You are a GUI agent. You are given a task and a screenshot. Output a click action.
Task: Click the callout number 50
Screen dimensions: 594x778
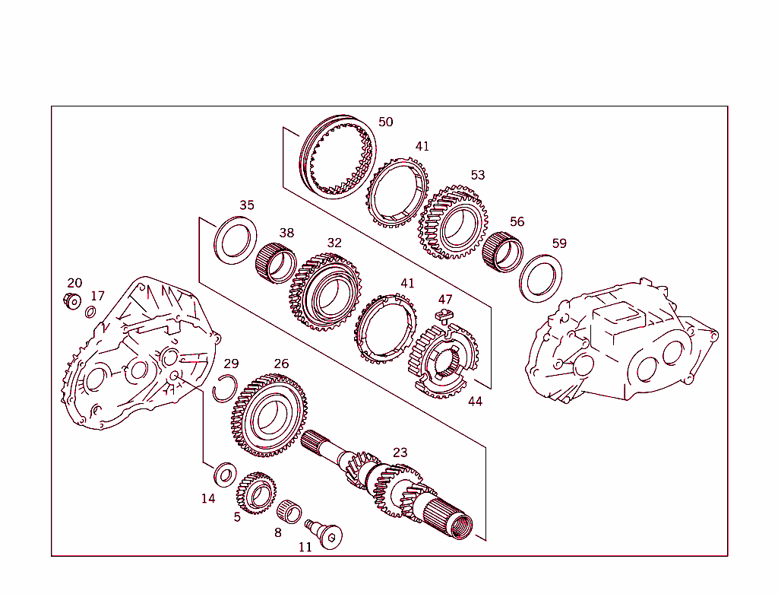tap(386, 122)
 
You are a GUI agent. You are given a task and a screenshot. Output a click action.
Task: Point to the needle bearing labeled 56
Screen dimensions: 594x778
tap(503, 250)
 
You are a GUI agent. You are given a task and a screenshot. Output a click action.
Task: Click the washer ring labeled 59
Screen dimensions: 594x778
tap(540, 278)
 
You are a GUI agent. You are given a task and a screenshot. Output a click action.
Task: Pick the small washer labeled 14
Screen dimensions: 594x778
tap(225, 475)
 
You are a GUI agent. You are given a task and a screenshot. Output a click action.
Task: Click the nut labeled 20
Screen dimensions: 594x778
tap(72, 301)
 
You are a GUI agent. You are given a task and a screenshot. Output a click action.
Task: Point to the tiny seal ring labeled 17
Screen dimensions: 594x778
tap(90, 312)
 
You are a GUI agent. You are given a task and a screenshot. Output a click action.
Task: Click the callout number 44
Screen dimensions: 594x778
tap(475, 401)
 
